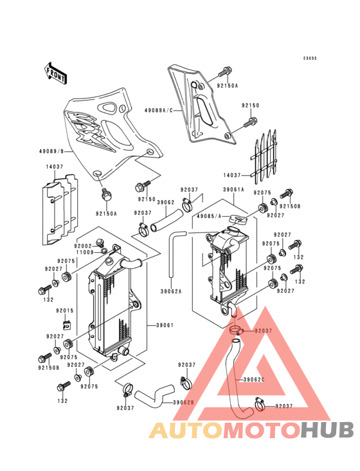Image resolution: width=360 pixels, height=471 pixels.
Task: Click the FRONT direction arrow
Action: [55, 73]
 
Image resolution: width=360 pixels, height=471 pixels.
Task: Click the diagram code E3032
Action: [310, 59]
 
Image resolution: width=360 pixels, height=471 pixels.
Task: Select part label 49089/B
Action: [51, 151]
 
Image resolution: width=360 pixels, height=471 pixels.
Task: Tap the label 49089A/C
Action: [159, 110]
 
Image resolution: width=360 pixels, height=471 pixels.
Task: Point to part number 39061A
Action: [233, 190]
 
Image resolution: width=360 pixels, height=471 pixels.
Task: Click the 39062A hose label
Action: [171, 291]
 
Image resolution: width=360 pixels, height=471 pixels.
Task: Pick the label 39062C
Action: [254, 380]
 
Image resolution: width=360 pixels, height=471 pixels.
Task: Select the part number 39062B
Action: [183, 403]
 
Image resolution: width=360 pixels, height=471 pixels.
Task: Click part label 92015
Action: [64, 311]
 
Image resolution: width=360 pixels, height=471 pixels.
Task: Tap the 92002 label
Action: [83, 246]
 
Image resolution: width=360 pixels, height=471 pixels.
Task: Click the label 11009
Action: [85, 252]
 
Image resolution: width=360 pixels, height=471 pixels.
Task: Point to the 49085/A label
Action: [209, 216]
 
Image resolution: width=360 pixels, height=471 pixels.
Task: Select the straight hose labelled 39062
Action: [166, 221]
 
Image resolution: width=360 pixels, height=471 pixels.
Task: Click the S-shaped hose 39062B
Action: [154, 396]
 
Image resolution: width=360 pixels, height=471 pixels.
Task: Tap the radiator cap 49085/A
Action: [238, 219]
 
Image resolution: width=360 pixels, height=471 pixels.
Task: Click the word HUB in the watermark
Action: [328, 430]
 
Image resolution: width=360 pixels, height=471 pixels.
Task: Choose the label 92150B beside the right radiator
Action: [290, 207]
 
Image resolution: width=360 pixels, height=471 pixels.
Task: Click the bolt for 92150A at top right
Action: [225, 71]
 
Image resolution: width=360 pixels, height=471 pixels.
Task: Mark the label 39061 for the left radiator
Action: [165, 325]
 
